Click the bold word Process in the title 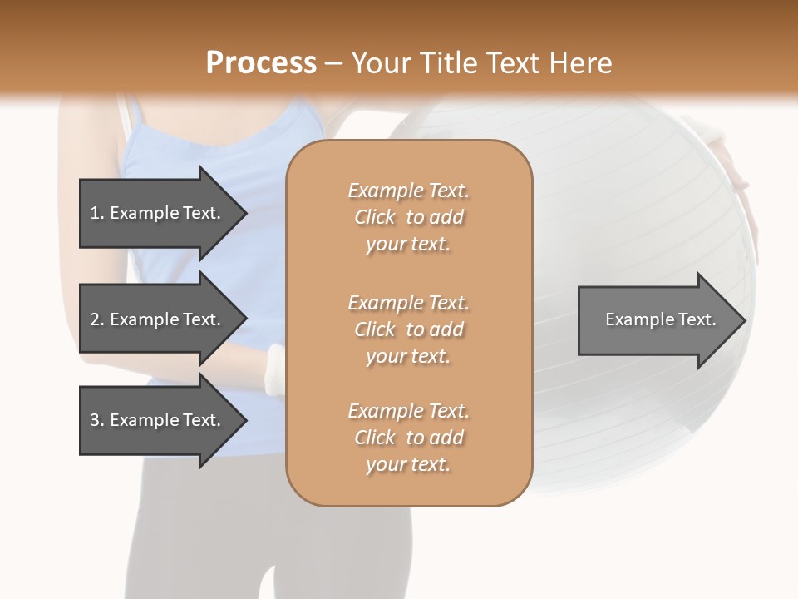tap(261, 63)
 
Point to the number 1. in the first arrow tap(96, 213)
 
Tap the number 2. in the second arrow tap(96, 319)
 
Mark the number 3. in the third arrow tap(96, 420)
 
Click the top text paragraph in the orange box tap(408, 217)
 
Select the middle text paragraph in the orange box tap(408, 329)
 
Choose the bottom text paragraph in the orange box tap(408, 438)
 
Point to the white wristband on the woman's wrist tap(273, 370)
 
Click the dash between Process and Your tap(333, 63)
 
